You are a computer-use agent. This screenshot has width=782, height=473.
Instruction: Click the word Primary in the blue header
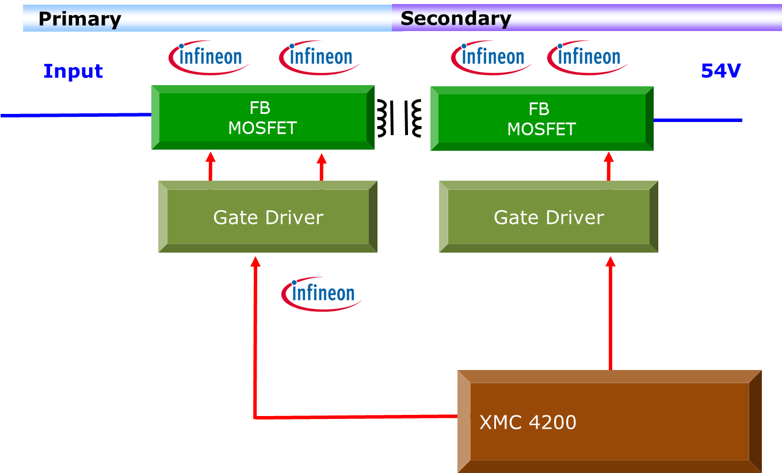[x=79, y=19]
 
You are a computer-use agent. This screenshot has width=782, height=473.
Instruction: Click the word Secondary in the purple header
[x=456, y=18]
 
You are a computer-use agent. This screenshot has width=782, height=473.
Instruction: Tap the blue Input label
[x=73, y=71]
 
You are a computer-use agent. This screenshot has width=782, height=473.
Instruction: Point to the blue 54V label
[x=720, y=71]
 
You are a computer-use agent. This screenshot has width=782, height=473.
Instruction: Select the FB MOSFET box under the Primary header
[x=262, y=117]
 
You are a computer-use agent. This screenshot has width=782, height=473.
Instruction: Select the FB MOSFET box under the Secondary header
[x=541, y=119]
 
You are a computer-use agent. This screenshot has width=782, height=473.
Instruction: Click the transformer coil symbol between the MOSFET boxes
[x=399, y=118]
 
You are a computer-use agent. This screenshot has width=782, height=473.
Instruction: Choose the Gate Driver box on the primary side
[x=268, y=217]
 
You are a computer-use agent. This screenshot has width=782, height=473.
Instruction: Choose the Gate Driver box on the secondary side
[x=548, y=217]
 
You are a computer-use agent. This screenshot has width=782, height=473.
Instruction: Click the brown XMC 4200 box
[x=609, y=422]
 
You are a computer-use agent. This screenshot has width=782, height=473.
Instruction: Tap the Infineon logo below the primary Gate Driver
[x=321, y=294]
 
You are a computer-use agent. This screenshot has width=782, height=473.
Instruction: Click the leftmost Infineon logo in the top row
[x=208, y=58]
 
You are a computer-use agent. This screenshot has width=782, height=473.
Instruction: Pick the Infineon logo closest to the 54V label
[x=587, y=58]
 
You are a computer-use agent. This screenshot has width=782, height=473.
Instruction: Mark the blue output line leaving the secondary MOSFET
[x=697, y=120]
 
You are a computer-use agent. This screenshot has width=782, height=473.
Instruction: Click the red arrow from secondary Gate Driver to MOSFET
[x=609, y=166]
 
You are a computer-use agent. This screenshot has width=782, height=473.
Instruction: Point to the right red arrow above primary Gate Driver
[x=322, y=167]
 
